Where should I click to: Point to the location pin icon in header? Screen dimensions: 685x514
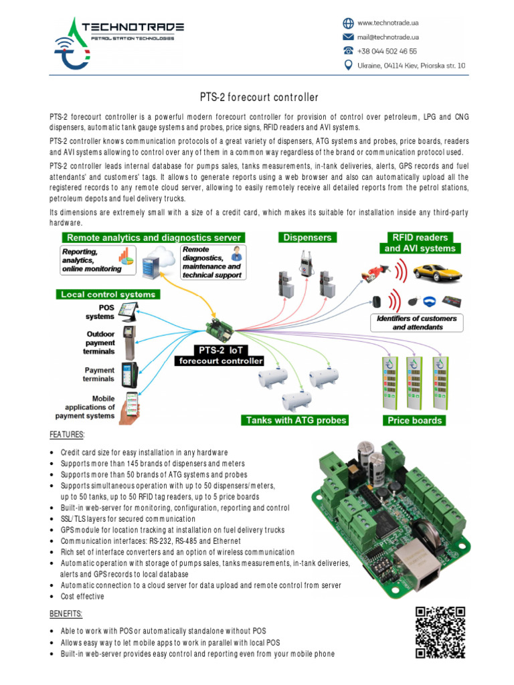tap(348, 65)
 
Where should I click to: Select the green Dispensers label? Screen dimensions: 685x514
tap(305, 237)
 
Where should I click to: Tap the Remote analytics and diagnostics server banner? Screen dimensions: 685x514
tap(152, 237)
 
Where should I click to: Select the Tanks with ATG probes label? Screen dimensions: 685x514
tap(296, 420)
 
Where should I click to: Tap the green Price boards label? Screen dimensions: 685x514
tap(414, 420)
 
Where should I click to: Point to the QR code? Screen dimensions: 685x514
tap(440, 632)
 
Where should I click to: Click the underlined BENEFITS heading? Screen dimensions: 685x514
tap(66, 613)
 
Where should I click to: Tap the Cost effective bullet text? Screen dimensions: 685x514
tap(82, 597)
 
